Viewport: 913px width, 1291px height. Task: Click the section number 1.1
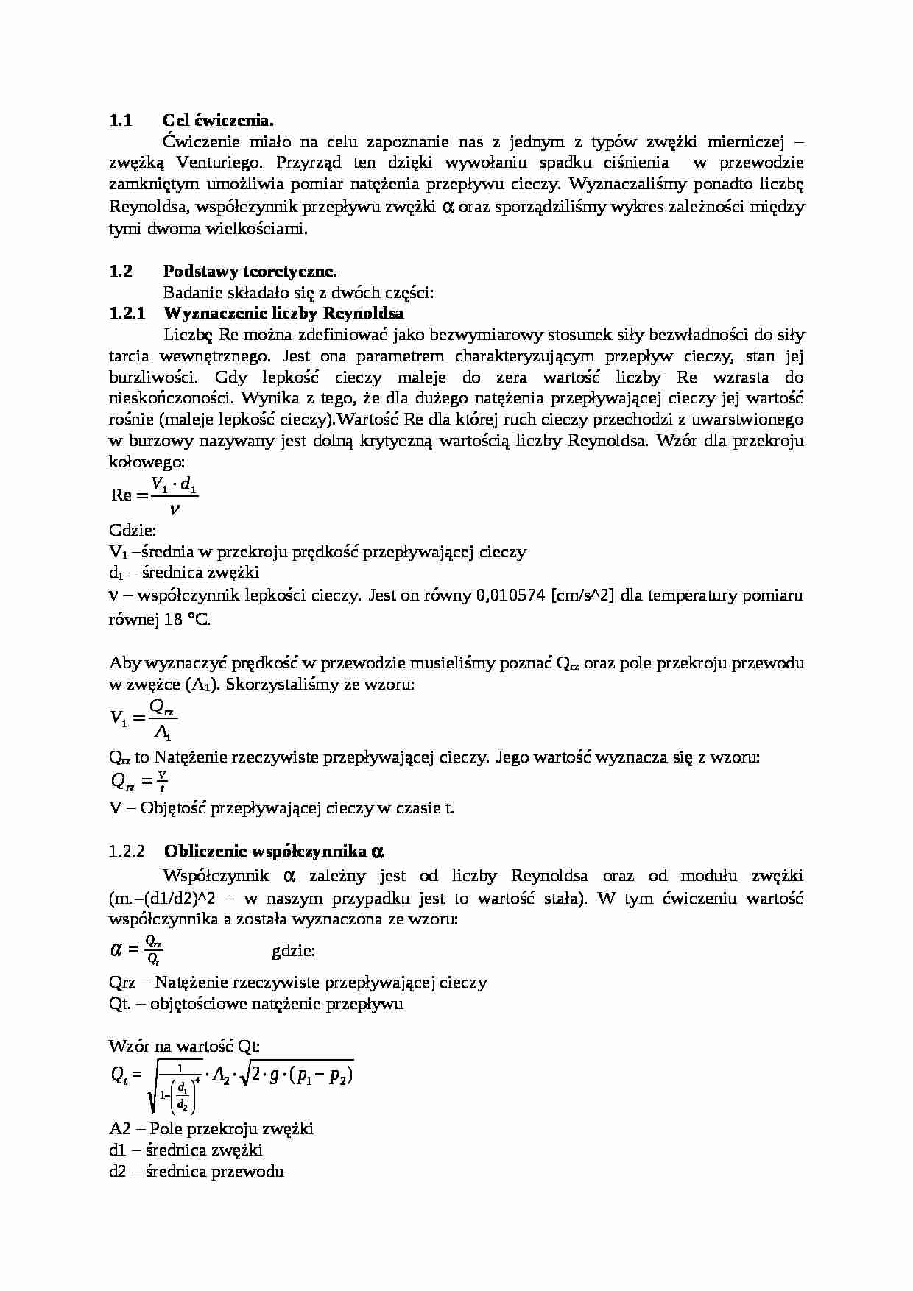120,120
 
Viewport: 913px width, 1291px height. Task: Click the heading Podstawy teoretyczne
250,271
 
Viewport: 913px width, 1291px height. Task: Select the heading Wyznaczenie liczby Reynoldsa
283,314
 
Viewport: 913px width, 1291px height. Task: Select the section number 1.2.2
125,852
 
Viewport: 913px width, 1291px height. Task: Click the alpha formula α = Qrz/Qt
136,949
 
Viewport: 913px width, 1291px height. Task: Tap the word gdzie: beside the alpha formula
293,950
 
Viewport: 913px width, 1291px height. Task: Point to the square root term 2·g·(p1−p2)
300,1075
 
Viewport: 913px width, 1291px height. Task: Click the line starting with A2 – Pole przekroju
211,1128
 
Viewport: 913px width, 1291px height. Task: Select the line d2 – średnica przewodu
196,1171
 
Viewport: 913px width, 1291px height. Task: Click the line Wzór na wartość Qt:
184,1046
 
